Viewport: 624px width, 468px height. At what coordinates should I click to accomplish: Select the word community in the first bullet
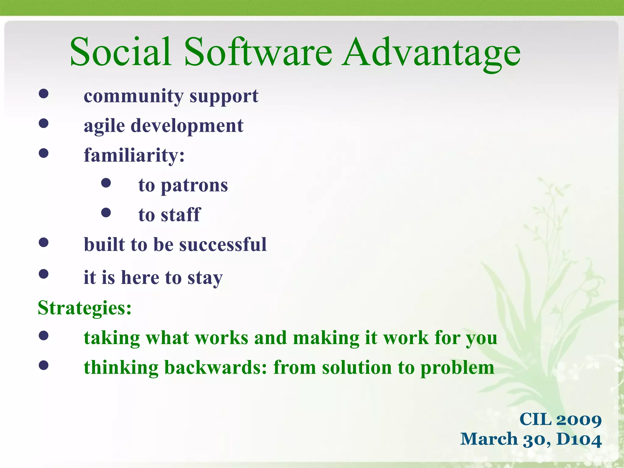click(133, 96)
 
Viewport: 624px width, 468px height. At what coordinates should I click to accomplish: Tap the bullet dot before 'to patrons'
click(106, 183)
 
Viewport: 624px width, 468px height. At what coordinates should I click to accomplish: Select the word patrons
click(194, 185)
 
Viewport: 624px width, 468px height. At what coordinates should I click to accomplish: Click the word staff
click(181, 215)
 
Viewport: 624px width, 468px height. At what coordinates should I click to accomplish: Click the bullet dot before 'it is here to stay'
click(44, 274)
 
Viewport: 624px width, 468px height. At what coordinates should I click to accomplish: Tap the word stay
click(205, 278)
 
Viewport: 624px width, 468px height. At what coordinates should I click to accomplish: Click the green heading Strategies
click(84, 308)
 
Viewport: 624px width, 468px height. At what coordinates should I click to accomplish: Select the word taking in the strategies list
click(112, 338)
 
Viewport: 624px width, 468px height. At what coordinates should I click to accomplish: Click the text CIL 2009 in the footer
click(560, 420)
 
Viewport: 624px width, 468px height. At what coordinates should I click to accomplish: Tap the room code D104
click(579, 439)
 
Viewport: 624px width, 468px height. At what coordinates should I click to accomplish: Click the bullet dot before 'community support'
click(44, 94)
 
